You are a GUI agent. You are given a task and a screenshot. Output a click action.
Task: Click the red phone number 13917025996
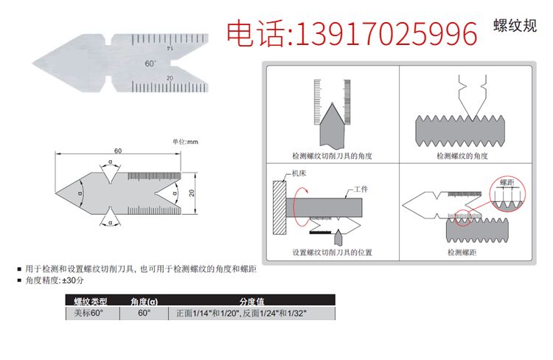[386, 34]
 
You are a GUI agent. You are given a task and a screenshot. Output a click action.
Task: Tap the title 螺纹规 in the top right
[515, 26]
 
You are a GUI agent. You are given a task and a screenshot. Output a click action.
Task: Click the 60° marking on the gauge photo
[150, 63]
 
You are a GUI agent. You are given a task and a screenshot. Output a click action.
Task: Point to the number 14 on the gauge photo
[170, 48]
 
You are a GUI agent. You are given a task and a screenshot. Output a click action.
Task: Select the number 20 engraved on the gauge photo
[170, 78]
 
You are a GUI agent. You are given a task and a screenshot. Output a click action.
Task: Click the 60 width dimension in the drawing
[118, 150]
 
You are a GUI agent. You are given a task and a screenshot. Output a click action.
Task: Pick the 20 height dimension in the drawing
[192, 193]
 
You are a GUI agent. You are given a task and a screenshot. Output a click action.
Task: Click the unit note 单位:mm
[185, 142]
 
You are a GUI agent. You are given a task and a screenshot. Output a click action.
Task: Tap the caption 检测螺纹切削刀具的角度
[333, 156]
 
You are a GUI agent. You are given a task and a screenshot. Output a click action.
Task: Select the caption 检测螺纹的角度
[462, 156]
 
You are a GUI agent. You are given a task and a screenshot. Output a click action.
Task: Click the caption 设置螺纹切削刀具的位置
[333, 252]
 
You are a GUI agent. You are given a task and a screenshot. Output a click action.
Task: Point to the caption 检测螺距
[462, 252]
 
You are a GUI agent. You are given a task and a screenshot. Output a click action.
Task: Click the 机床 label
[299, 173]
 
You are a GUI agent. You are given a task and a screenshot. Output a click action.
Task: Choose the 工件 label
[361, 189]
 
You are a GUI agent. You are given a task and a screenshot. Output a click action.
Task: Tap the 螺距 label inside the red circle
[507, 182]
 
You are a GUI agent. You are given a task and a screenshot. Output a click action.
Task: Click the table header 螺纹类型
[91, 302]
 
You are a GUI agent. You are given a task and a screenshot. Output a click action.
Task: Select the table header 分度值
[252, 302]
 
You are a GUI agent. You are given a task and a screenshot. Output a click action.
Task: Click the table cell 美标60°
[88, 313]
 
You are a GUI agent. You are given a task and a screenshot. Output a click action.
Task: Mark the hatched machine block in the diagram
[279, 207]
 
